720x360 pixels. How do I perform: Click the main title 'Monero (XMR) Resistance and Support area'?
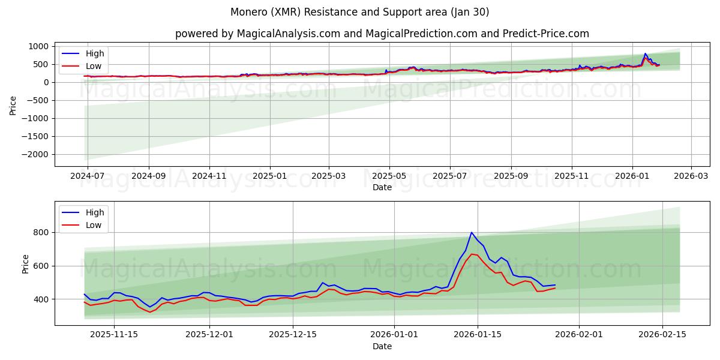pos(360,12)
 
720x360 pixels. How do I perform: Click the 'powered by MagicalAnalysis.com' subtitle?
pos(382,34)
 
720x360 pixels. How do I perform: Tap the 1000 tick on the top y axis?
pos(39,46)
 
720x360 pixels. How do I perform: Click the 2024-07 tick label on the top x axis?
pos(88,177)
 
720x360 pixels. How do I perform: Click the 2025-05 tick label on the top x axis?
pos(389,177)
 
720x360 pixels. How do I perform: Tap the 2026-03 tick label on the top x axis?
pos(691,177)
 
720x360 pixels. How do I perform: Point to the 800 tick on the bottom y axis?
pos(41,232)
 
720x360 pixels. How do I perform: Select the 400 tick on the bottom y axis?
pos(41,299)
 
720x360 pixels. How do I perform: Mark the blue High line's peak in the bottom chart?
pos(472,232)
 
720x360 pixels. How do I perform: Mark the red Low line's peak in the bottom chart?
pos(472,254)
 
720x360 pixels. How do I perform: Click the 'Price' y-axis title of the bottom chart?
pos(25,263)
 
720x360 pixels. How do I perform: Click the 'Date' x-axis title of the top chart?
pos(382,187)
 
